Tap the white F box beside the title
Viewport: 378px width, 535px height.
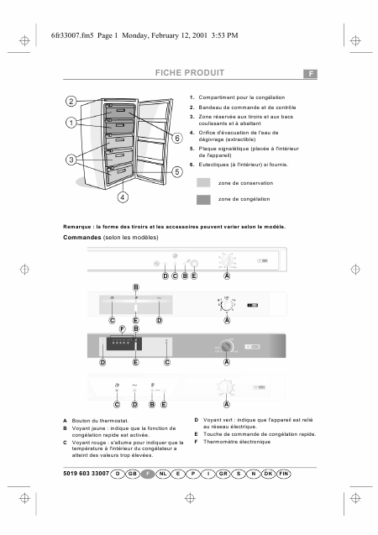tap(310, 74)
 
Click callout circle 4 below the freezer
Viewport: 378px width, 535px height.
tap(122, 197)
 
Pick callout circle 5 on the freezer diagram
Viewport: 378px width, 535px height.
tap(177, 171)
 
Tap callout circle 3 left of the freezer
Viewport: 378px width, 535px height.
tap(71, 159)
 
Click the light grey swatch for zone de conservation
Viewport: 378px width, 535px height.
tap(203, 182)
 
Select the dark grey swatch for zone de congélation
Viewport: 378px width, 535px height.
tap(203, 200)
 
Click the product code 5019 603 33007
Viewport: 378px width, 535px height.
tap(92, 475)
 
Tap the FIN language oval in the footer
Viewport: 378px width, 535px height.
tap(284, 475)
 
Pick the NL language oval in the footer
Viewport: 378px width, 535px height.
tap(163, 475)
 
